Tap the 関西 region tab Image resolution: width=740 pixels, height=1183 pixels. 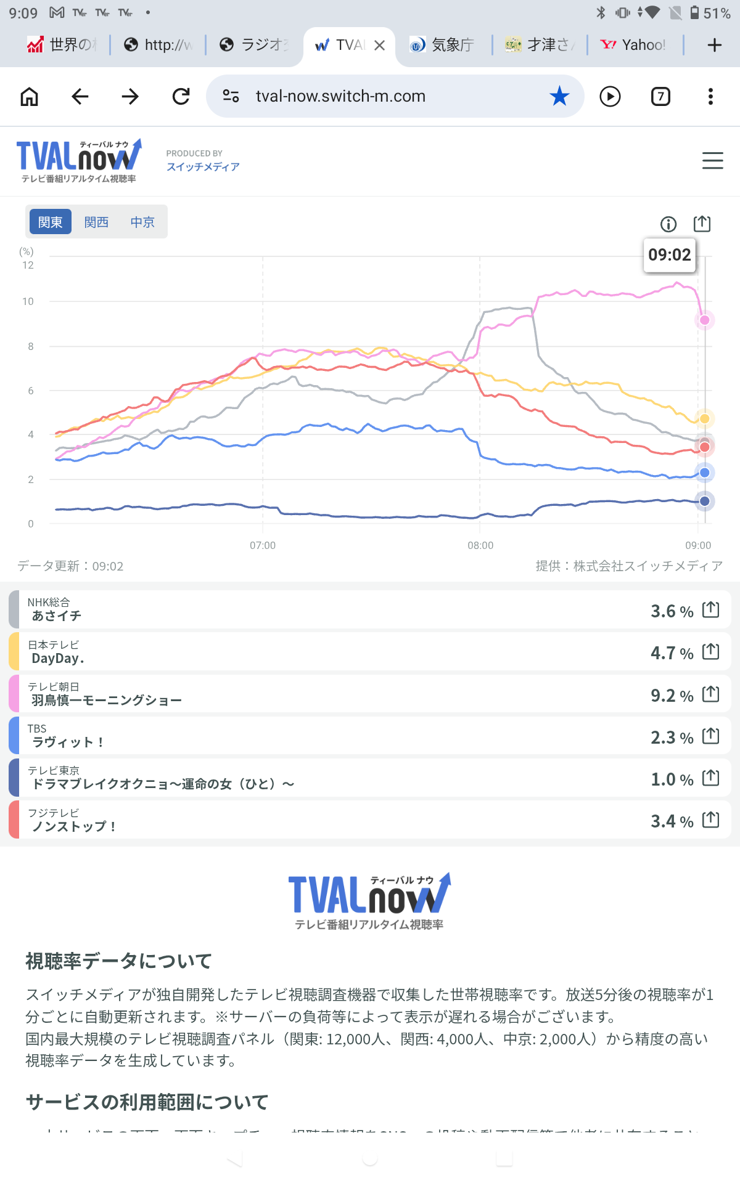pos(96,222)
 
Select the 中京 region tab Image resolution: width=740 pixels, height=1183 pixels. pos(142,222)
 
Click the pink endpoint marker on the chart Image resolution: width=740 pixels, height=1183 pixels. pos(704,320)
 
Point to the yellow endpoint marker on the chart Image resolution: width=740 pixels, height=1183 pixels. pos(704,419)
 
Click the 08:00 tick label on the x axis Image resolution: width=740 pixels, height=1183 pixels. pos(480,545)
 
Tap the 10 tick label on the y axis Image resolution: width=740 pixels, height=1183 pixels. pos(28,301)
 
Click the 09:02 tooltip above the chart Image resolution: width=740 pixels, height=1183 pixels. pos(669,254)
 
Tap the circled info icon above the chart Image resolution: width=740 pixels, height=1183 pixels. pos(668,224)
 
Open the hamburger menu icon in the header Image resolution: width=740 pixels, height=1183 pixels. pos(712,161)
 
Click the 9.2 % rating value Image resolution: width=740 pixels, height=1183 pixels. pos(672,696)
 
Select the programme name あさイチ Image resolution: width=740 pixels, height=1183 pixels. pos(57,616)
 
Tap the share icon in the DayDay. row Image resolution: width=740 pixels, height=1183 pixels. pos(711,651)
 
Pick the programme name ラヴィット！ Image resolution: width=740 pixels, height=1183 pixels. pos(68,742)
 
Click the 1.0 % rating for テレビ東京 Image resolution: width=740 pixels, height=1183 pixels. pos(672,779)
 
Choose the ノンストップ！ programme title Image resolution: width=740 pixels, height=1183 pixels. pos(74,826)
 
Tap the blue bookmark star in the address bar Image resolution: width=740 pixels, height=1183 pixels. pos(559,96)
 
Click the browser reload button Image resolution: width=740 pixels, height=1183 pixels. pos(181,96)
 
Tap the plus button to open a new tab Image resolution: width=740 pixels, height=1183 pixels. pos(714,44)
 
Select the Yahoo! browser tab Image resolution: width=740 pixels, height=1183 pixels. pos(635,44)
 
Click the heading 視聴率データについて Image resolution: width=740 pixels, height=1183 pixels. pos(118,961)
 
